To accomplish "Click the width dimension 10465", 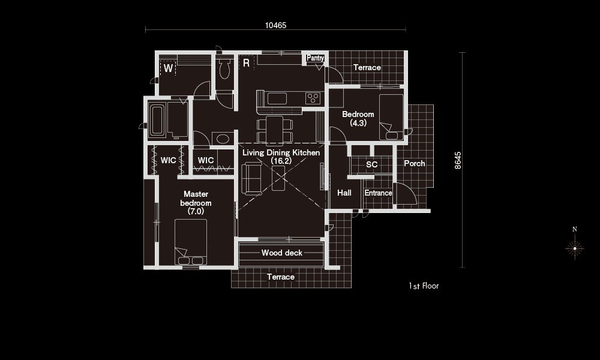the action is click(x=275, y=25).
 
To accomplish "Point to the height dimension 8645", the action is click(x=458, y=160).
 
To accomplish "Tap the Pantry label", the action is click(x=316, y=58).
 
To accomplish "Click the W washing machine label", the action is click(x=169, y=68).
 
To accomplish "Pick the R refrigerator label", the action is click(x=247, y=63).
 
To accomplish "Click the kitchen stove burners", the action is click(x=313, y=98).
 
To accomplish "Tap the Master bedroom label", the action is click(x=196, y=202).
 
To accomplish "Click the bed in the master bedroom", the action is click(x=191, y=242).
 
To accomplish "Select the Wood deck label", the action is click(x=282, y=253).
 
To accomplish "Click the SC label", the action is click(x=372, y=164).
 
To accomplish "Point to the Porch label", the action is click(x=415, y=163).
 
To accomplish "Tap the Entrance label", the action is click(x=378, y=193).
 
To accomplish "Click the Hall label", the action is click(x=344, y=193).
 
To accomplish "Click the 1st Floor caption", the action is click(x=424, y=286).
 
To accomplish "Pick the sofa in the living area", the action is click(x=251, y=179).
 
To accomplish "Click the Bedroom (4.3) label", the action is click(x=358, y=119).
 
